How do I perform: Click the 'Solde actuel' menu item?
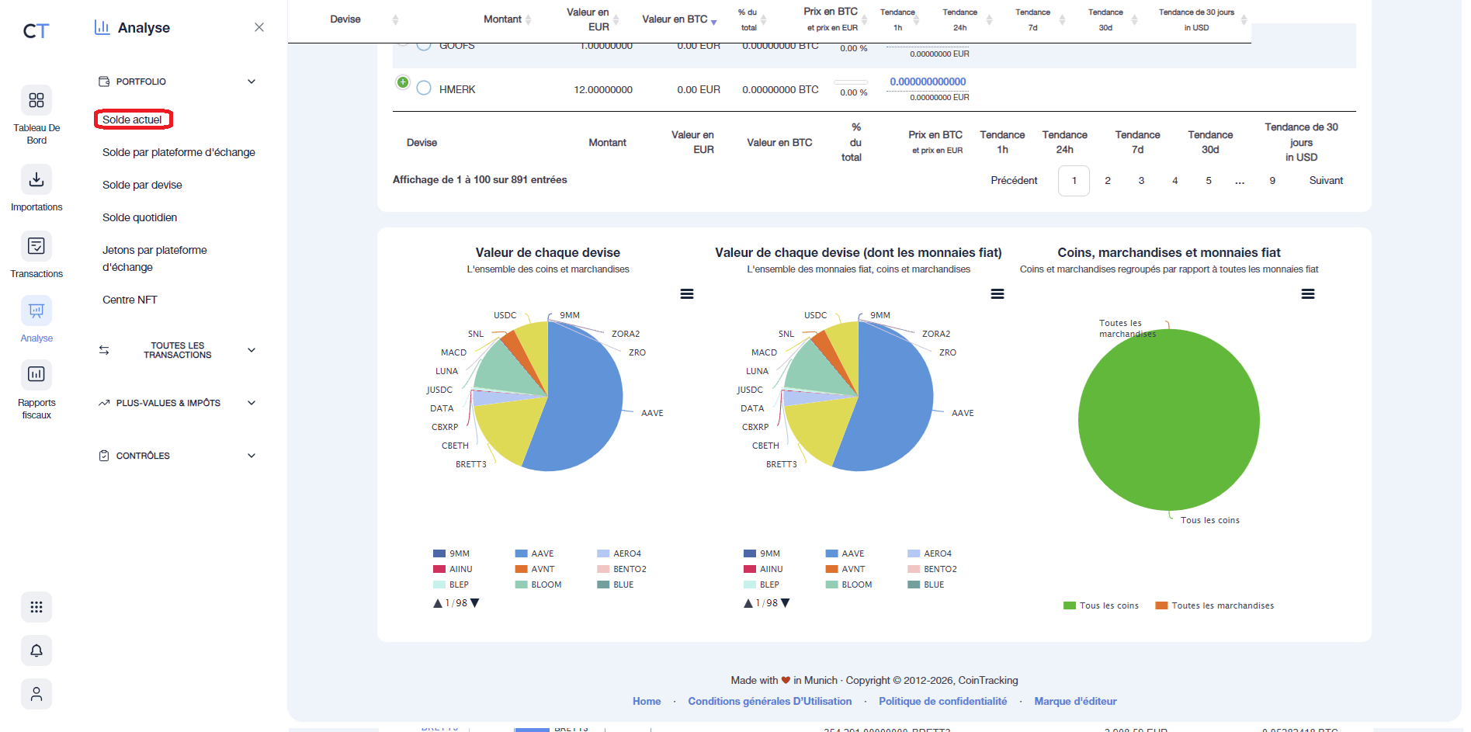133,120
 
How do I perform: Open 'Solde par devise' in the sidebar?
142,185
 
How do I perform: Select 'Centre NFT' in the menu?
130,300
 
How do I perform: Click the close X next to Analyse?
259,27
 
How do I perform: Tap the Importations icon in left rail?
36,180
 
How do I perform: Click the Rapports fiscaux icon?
36,375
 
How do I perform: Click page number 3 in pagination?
1141,181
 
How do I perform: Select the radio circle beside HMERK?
424,88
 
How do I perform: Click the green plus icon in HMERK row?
403,82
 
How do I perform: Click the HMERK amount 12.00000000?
602,90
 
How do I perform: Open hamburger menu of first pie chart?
687,294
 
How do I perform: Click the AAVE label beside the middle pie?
963,413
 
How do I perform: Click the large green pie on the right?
1168,420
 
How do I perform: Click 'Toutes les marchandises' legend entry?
1222,605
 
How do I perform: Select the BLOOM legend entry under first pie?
546,585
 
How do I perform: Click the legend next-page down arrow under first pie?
475,603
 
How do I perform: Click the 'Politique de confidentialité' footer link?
942,701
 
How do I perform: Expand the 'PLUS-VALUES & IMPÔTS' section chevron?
252,403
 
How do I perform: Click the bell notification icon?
36,650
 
